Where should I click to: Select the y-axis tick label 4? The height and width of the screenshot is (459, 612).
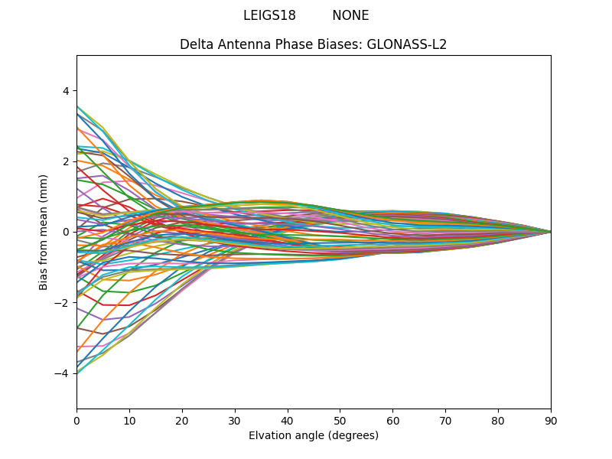pyautogui.click(x=66, y=90)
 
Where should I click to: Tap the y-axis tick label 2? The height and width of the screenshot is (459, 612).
pyautogui.click(x=66, y=161)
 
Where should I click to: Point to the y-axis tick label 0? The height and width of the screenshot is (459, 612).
pyautogui.click(x=66, y=232)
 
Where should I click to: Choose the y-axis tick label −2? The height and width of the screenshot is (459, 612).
pyautogui.click(x=63, y=302)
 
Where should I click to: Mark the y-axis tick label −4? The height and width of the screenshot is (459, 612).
pyautogui.click(x=63, y=373)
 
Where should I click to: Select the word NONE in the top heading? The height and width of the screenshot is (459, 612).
pyautogui.click(x=350, y=15)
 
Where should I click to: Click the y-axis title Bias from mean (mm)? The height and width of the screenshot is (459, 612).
pyautogui.click(x=44, y=231)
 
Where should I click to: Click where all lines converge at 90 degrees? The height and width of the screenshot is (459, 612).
pyautogui.click(x=550, y=232)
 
